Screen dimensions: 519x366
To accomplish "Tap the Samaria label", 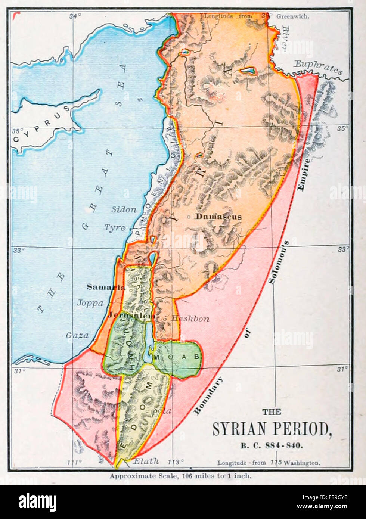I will click(x=106, y=287).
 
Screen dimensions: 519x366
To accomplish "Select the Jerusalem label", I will click(x=131, y=315).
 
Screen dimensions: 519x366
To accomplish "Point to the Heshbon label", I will click(x=190, y=319).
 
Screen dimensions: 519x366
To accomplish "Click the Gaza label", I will click(x=77, y=335).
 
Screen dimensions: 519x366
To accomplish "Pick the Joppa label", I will click(x=90, y=303).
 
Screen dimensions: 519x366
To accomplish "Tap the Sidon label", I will click(x=124, y=209).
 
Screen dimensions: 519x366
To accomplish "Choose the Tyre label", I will click(x=114, y=227).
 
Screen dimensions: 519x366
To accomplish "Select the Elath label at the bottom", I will click(x=146, y=461).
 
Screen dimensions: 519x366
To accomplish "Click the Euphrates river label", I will click(x=317, y=67).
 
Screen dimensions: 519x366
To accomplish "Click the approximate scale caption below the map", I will click(x=180, y=476).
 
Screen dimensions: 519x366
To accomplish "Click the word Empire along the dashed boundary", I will click(x=303, y=175).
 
